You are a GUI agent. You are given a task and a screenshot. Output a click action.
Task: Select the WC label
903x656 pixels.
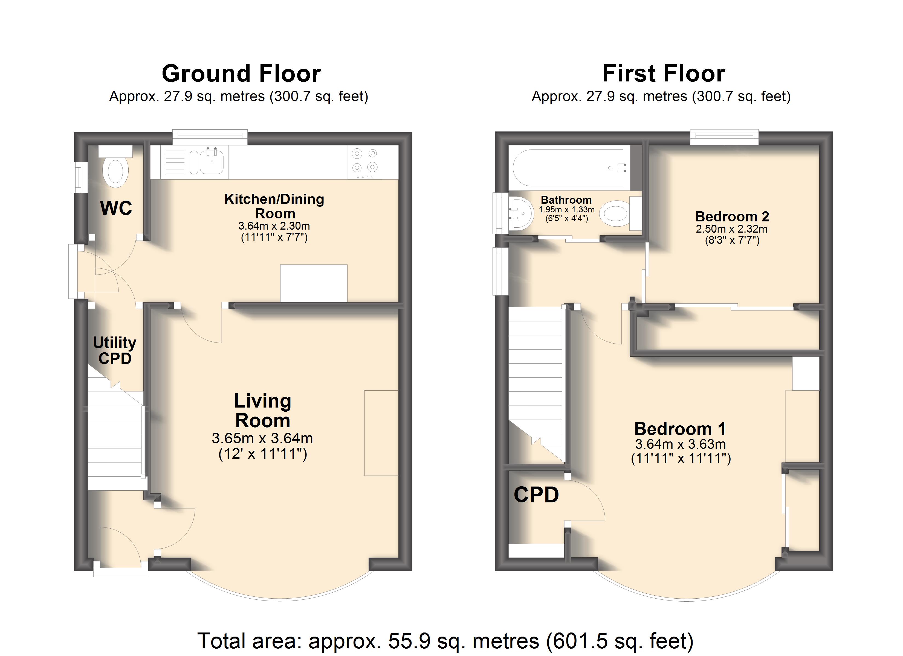116,208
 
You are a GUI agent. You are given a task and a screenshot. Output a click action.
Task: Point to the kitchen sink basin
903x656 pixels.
212,161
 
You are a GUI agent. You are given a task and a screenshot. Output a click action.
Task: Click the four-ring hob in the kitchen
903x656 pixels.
365,162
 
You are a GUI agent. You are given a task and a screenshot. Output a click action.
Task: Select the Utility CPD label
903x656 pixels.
115,350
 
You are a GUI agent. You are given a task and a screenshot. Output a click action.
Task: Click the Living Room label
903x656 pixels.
263,411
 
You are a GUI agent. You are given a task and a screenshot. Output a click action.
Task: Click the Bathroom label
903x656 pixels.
566,200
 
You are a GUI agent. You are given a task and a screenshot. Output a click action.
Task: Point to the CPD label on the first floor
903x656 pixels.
536,495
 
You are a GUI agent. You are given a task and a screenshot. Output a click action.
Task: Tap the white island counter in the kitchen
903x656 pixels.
314,283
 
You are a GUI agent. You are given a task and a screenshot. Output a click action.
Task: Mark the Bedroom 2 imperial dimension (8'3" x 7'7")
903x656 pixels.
732,240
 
